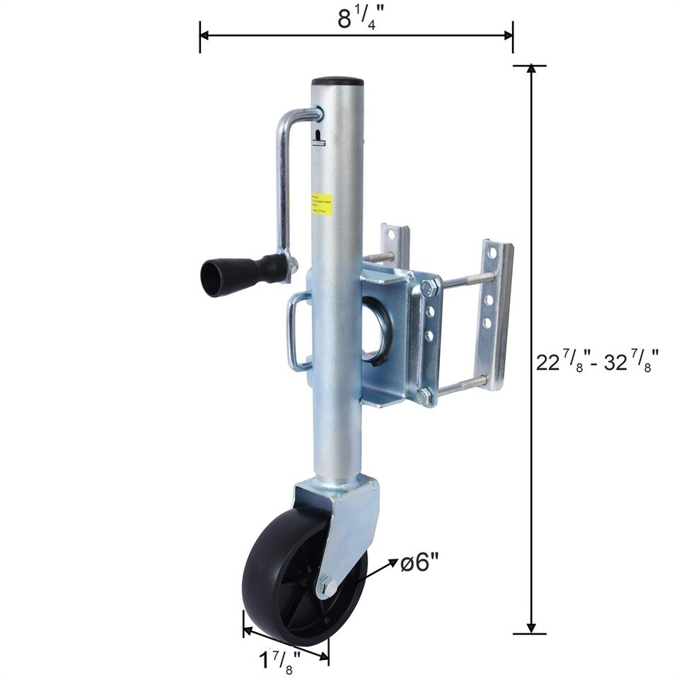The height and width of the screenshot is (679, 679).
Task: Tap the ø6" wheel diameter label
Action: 420,563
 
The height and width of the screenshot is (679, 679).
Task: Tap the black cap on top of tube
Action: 337,81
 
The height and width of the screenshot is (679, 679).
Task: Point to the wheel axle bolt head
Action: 327,585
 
